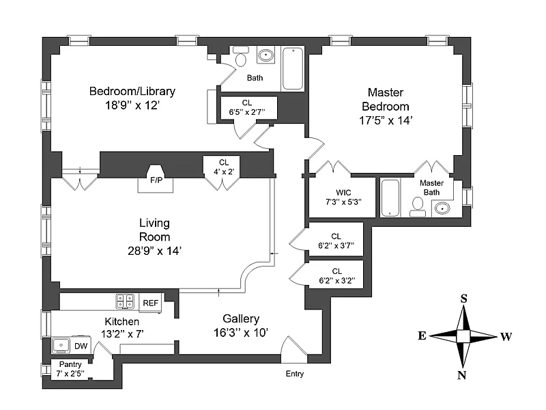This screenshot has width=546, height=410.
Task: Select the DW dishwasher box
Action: tap(81, 346)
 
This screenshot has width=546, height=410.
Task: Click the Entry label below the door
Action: tap(295, 374)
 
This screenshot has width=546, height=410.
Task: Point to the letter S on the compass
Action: tap(463, 299)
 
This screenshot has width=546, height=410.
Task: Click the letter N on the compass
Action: tap(462, 374)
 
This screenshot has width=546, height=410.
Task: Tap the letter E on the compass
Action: tap(422, 336)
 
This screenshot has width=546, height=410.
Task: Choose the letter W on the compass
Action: tap(506, 336)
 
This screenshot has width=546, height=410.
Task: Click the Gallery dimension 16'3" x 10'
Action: tap(241, 333)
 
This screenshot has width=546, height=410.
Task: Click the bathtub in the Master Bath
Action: tap(390, 198)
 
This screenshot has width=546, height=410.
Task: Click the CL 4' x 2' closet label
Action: tap(223, 167)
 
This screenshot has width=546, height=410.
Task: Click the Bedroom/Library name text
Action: tap(132, 91)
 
